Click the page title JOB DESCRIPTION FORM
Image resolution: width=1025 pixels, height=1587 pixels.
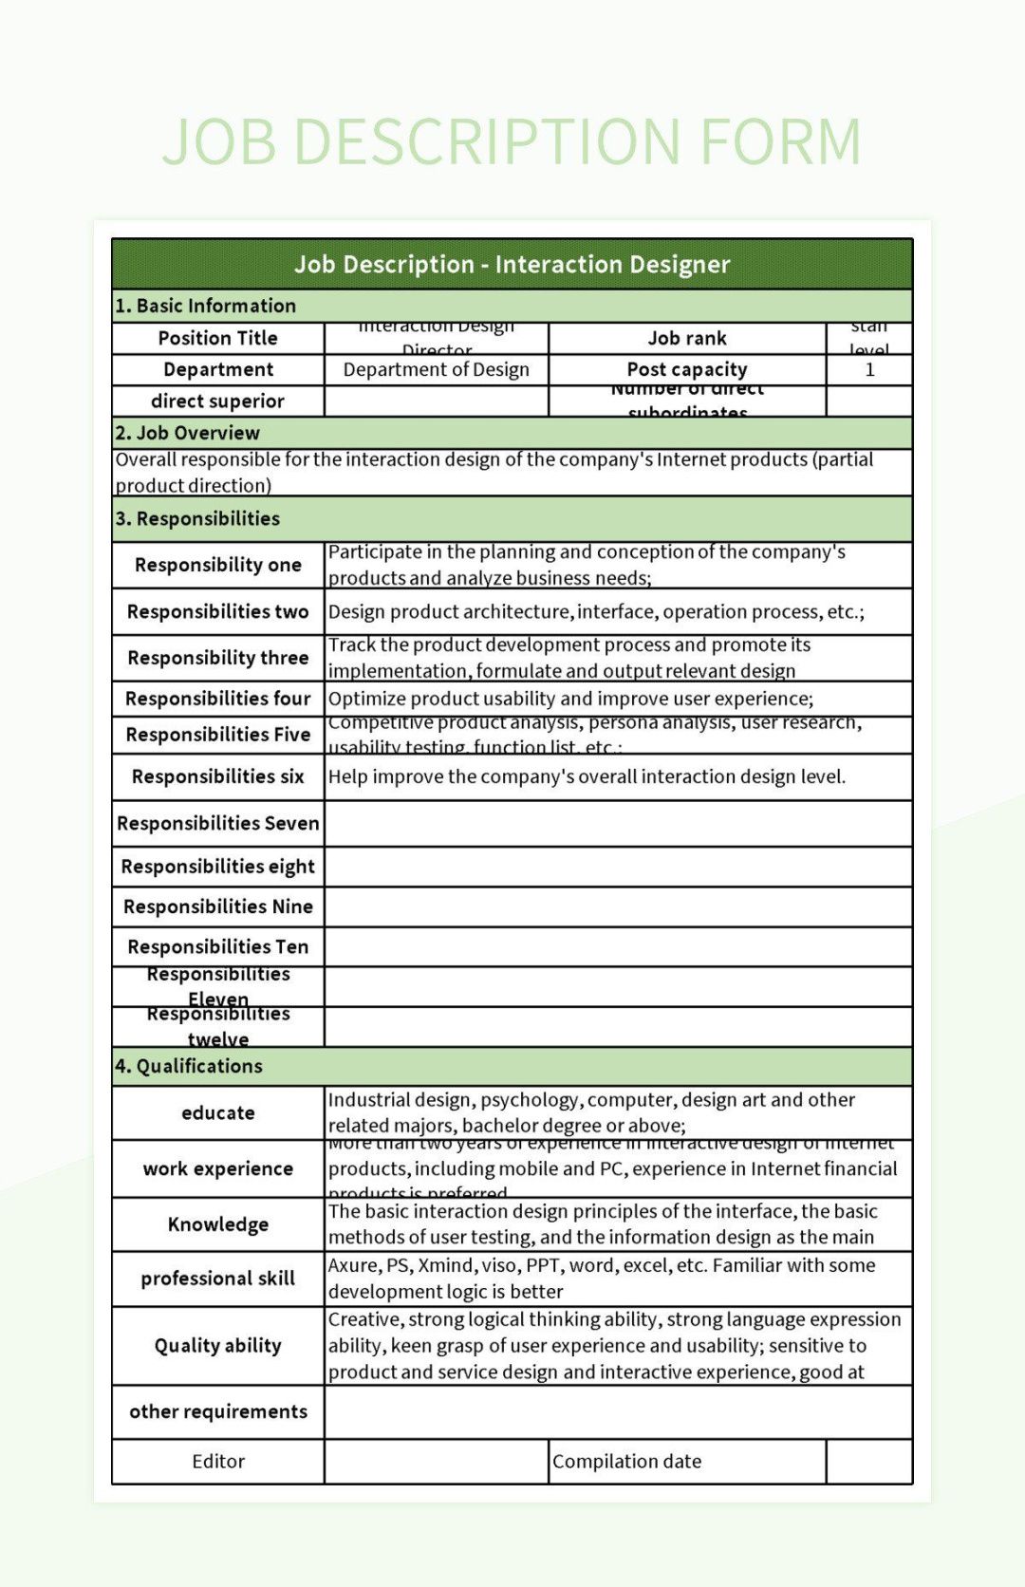[512, 141]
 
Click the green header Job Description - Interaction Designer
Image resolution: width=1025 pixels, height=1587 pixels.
[512, 264]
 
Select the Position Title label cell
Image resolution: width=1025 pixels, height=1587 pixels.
[217, 338]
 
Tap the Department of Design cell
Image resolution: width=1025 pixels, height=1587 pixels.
[436, 369]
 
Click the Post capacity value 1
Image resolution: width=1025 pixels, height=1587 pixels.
[869, 369]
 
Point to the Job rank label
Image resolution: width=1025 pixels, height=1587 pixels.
[687, 338]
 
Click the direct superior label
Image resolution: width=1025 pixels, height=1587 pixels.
[217, 401]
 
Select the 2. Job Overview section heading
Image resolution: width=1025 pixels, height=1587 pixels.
[188, 433]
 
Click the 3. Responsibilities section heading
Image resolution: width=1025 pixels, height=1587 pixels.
[197, 518]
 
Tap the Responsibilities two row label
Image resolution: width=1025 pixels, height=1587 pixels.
[217, 611]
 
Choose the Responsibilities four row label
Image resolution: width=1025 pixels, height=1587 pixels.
[217, 699]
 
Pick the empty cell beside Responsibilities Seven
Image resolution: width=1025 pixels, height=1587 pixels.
[618, 823]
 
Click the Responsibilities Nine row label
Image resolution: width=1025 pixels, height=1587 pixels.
[217, 906]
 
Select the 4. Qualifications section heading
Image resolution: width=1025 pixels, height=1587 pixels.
[189, 1066]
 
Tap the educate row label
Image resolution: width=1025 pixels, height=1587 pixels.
[217, 1112]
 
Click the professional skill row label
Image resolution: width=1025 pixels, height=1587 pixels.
[217, 1279]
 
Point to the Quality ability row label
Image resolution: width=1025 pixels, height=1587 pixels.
[217, 1345]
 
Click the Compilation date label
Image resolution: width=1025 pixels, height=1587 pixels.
[627, 1462]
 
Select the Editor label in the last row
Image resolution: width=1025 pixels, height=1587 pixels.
[217, 1462]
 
